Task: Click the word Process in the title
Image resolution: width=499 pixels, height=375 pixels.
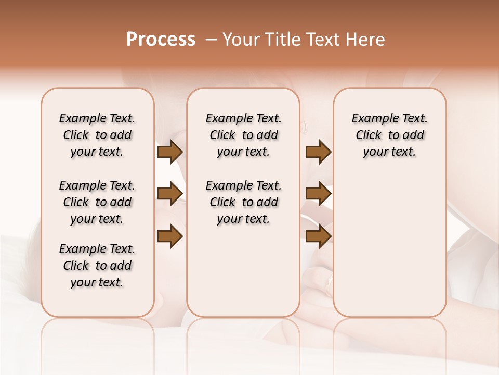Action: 161,40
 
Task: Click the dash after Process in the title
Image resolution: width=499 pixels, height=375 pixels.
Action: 211,40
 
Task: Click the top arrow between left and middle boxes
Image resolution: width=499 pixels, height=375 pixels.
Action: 170,152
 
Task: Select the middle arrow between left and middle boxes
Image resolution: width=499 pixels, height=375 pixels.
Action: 170,194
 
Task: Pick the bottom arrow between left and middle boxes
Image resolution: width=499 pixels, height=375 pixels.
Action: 170,236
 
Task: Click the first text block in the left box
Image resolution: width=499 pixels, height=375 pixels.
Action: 97,135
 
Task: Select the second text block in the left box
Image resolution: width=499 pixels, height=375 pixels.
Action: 97,202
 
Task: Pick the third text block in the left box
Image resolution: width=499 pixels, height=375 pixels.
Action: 97,266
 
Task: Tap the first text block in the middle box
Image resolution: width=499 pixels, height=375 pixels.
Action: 243,135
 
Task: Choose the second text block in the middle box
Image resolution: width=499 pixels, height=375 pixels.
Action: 243,202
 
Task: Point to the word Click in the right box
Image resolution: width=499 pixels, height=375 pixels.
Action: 369,135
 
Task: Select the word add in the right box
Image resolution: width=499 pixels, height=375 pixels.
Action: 414,135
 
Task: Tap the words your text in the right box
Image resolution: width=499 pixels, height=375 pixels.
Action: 389,152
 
